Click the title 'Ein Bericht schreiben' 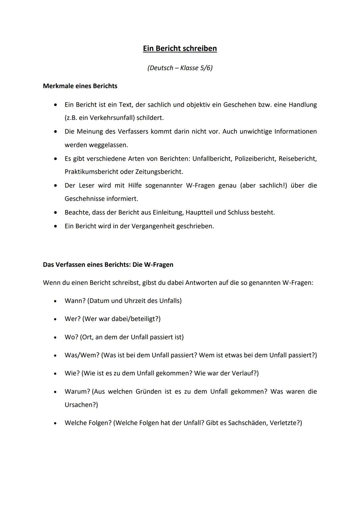click(180, 48)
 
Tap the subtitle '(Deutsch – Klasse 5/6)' click(180, 68)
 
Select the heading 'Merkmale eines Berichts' click(80, 86)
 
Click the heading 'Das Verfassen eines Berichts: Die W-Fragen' click(108, 265)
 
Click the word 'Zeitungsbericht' click(159, 172)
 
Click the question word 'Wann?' click(75, 301)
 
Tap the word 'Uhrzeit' click(135, 301)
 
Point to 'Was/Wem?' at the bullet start click(82, 355)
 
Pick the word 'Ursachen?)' click(81, 405)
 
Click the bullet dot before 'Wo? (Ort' click(55, 337)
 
